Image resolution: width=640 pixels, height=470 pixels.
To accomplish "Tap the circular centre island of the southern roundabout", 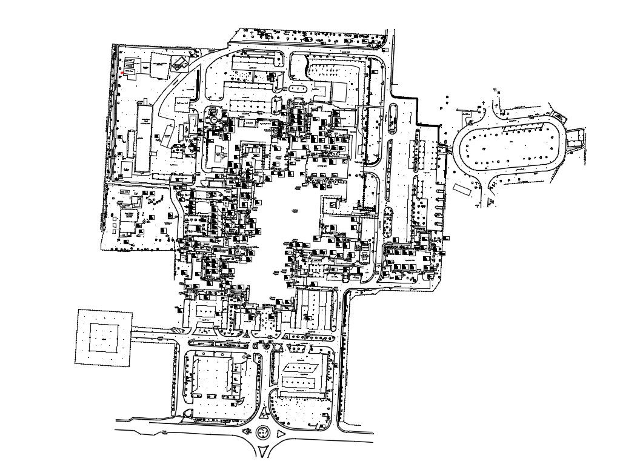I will pos(263,432).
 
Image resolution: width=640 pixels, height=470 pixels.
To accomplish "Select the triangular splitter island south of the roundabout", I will pos(262,451).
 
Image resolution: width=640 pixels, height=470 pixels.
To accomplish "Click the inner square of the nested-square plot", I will pos(104,337).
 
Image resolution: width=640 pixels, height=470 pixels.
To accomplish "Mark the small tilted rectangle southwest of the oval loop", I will pos(462,190).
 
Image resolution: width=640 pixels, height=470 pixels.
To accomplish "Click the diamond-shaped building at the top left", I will pos(179,62).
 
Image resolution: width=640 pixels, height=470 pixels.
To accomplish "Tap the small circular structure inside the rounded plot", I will pos(213,120).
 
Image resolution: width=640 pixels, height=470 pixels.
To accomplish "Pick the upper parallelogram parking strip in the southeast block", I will pos(301,366).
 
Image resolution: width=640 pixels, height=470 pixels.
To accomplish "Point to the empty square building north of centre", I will pos(339,93).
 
